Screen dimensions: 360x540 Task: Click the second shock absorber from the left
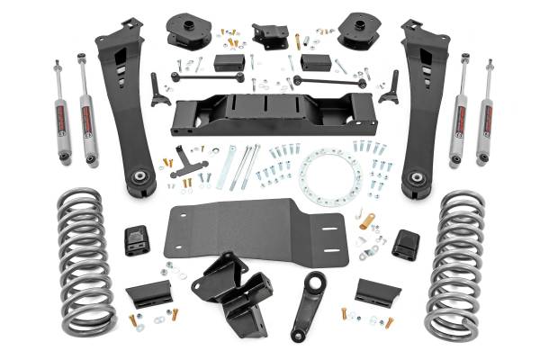(x=87, y=112)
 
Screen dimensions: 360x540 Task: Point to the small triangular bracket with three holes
(x=188, y=163)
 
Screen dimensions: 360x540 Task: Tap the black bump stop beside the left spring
(x=137, y=240)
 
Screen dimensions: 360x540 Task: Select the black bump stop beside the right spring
(x=404, y=242)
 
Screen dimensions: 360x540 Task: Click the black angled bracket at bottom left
(x=149, y=293)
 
